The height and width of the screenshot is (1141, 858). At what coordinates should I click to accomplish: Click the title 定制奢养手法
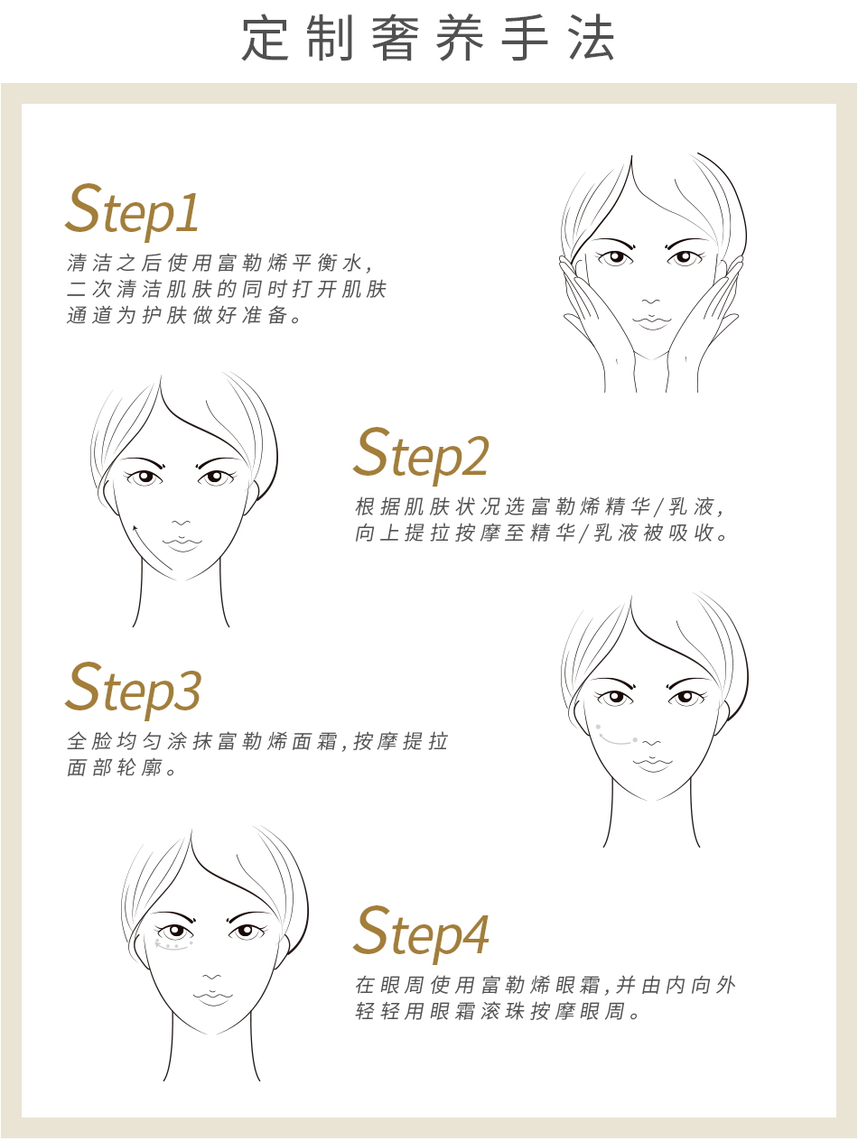click(429, 38)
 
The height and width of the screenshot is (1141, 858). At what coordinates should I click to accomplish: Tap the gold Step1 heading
click(132, 210)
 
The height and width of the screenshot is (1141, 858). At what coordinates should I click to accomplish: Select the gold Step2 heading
click(421, 454)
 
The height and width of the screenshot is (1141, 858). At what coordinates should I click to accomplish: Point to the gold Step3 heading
click(133, 690)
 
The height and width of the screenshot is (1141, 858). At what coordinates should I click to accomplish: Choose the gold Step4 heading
click(421, 933)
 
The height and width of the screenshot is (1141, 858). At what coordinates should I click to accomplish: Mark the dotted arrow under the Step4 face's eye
click(173, 946)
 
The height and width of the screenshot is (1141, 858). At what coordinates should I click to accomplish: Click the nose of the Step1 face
click(650, 301)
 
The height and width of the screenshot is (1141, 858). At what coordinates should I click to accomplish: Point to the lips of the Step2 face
click(182, 543)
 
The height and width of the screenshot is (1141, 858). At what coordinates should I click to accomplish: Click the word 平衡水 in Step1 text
click(327, 263)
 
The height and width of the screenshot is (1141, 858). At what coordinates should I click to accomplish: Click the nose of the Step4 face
click(211, 978)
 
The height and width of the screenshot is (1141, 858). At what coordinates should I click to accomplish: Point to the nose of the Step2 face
click(181, 523)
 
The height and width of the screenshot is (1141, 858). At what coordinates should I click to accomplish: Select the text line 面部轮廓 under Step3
click(122, 767)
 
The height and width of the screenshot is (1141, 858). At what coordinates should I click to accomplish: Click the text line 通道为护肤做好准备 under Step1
click(184, 315)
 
